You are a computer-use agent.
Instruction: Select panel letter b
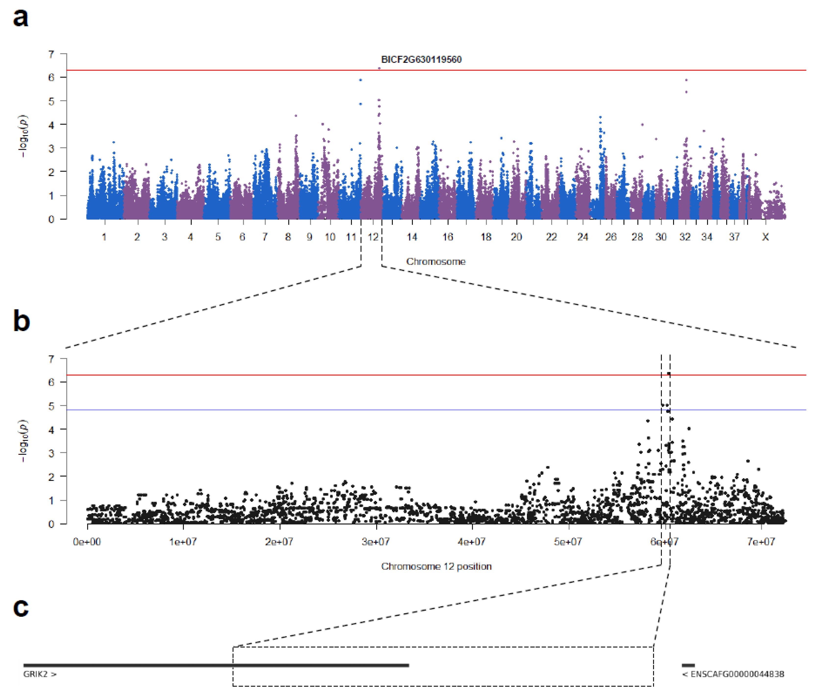[x=21, y=321]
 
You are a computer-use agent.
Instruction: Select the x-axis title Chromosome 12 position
[x=436, y=566]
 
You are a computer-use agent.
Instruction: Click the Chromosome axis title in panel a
[x=436, y=262]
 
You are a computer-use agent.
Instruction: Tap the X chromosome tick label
[x=765, y=237]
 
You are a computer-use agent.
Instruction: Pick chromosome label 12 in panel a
[x=373, y=237]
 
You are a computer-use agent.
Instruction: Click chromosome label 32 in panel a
[x=685, y=237]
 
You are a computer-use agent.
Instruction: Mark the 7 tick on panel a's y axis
[x=51, y=54]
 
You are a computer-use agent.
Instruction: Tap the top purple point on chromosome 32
[x=686, y=80]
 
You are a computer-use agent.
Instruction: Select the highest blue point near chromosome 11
[x=360, y=80]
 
